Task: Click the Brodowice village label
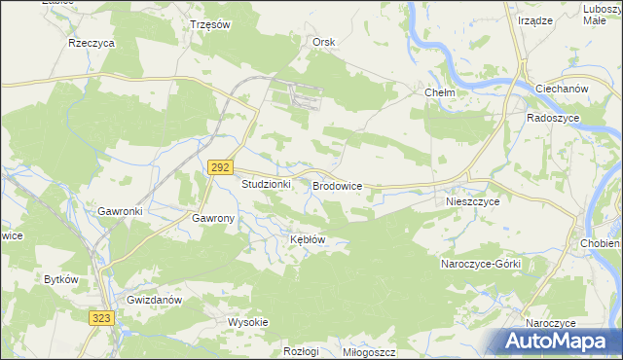click(x=337, y=184)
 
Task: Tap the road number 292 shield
click(x=218, y=168)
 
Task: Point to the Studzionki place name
click(x=267, y=184)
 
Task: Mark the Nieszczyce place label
click(x=472, y=201)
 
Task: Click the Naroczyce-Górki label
click(x=481, y=265)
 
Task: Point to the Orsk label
click(x=323, y=42)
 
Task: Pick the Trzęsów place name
click(x=209, y=24)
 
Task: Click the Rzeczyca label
click(x=92, y=44)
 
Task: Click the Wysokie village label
click(x=247, y=322)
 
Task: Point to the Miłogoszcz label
click(x=369, y=351)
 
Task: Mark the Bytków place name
click(x=60, y=279)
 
